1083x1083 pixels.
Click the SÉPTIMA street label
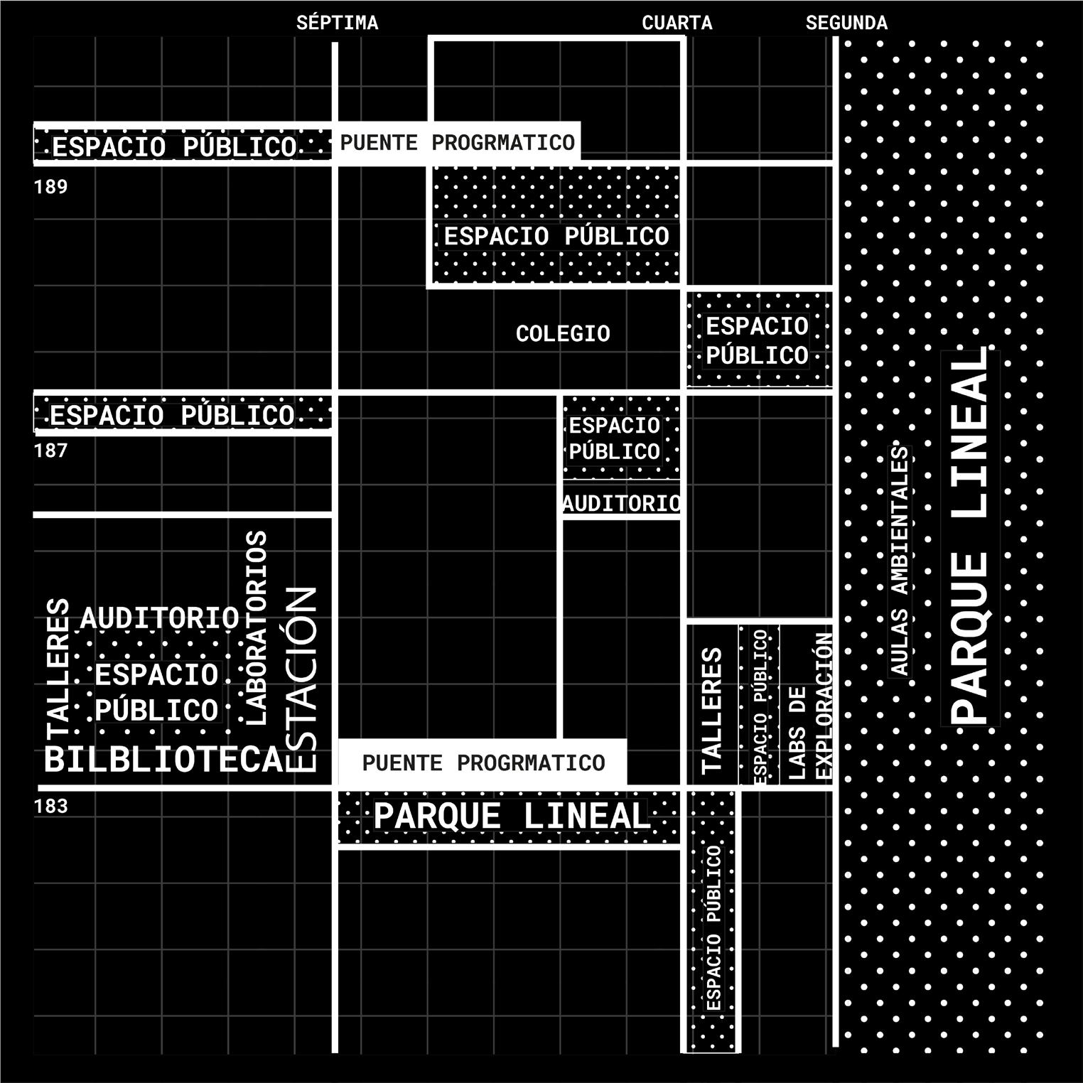click(337, 23)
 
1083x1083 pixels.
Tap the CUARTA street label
click(677, 23)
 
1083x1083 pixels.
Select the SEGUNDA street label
click(846, 23)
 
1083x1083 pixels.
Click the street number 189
click(50, 187)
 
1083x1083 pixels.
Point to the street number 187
click(50, 450)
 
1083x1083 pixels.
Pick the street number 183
click(50, 806)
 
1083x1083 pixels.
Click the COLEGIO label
click(563, 333)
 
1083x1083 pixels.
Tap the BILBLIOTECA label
click(164, 760)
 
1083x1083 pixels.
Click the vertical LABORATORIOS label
click(255, 627)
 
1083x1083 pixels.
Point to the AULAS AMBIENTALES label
click(900, 561)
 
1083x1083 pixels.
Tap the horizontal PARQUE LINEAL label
click(511, 815)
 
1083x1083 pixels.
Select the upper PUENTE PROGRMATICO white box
click(458, 143)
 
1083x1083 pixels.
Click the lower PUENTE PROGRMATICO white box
click(483, 763)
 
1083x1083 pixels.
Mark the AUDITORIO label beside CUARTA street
click(622, 503)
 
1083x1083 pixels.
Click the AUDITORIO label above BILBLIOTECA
click(160, 618)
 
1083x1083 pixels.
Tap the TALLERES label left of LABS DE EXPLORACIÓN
click(712, 710)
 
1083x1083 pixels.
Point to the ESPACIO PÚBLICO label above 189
click(174, 147)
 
